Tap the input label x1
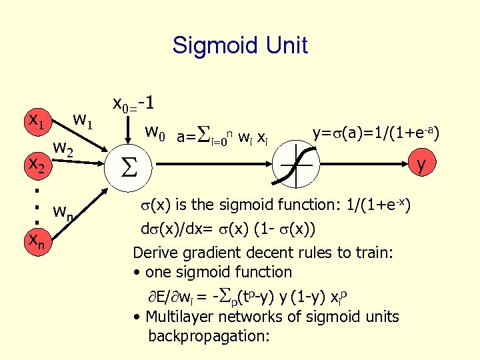click(x=36, y=123)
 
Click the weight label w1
click(x=86, y=121)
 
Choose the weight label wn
click(x=65, y=213)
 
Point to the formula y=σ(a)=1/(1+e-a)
click(x=375, y=133)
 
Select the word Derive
click(x=155, y=253)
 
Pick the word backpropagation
click(x=209, y=335)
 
